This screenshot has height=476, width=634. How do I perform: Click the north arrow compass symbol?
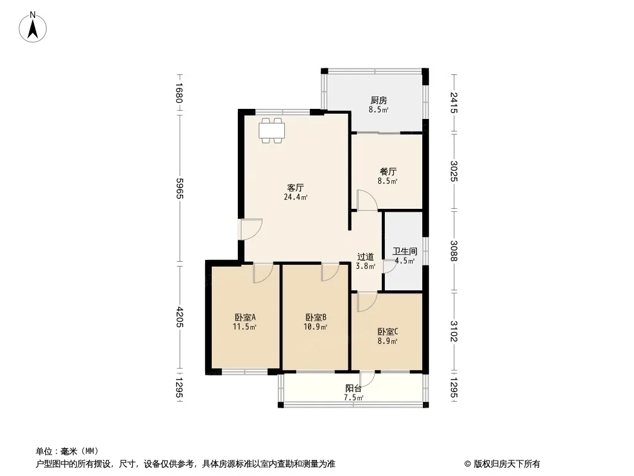[x=33, y=27]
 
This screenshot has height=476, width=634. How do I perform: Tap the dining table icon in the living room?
[x=272, y=130]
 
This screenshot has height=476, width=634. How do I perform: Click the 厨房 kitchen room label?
[x=378, y=101]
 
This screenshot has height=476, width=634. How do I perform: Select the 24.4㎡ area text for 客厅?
[x=296, y=198]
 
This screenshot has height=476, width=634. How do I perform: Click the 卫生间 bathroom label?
[x=405, y=252]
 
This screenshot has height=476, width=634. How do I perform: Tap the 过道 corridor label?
[x=366, y=257]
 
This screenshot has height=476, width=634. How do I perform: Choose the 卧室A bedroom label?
[x=244, y=317]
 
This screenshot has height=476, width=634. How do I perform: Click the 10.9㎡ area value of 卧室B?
[x=315, y=327]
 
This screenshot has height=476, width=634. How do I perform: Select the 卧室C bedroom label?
[x=388, y=331]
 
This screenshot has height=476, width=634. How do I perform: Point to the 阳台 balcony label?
[x=353, y=389]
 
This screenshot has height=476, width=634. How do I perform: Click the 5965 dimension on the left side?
[x=180, y=189]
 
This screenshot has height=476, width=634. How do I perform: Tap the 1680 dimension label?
[x=180, y=93]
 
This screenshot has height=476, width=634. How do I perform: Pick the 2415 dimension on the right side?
[x=454, y=103]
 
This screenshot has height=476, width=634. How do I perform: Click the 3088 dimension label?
[x=454, y=251]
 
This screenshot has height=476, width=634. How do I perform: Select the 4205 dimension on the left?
[x=180, y=318]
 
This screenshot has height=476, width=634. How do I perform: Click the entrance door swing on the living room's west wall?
[x=251, y=229]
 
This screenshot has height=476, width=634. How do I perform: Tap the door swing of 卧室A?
[x=263, y=273]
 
